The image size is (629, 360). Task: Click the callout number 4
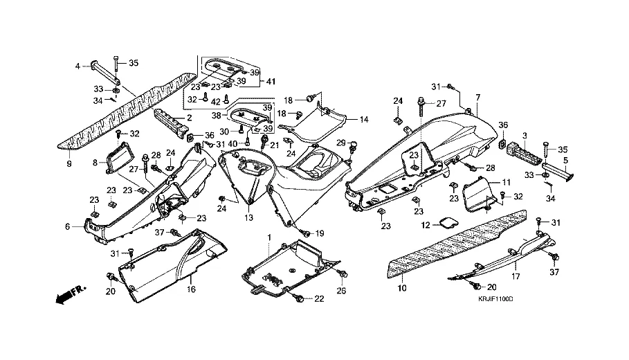click(x=78, y=66)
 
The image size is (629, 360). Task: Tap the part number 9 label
click(x=69, y=164)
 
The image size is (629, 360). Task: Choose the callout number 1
click(x=268, y=237)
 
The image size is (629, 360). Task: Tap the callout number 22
click(x=319, y=299)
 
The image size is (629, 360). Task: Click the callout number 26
click(x=341, y=291)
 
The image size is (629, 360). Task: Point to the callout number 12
click(x=426, y=225)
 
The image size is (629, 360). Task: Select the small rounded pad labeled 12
click(x=448, y=222)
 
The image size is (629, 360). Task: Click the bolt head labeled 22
click(x=299, y=298)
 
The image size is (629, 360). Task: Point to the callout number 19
click(x=319, y=233)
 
